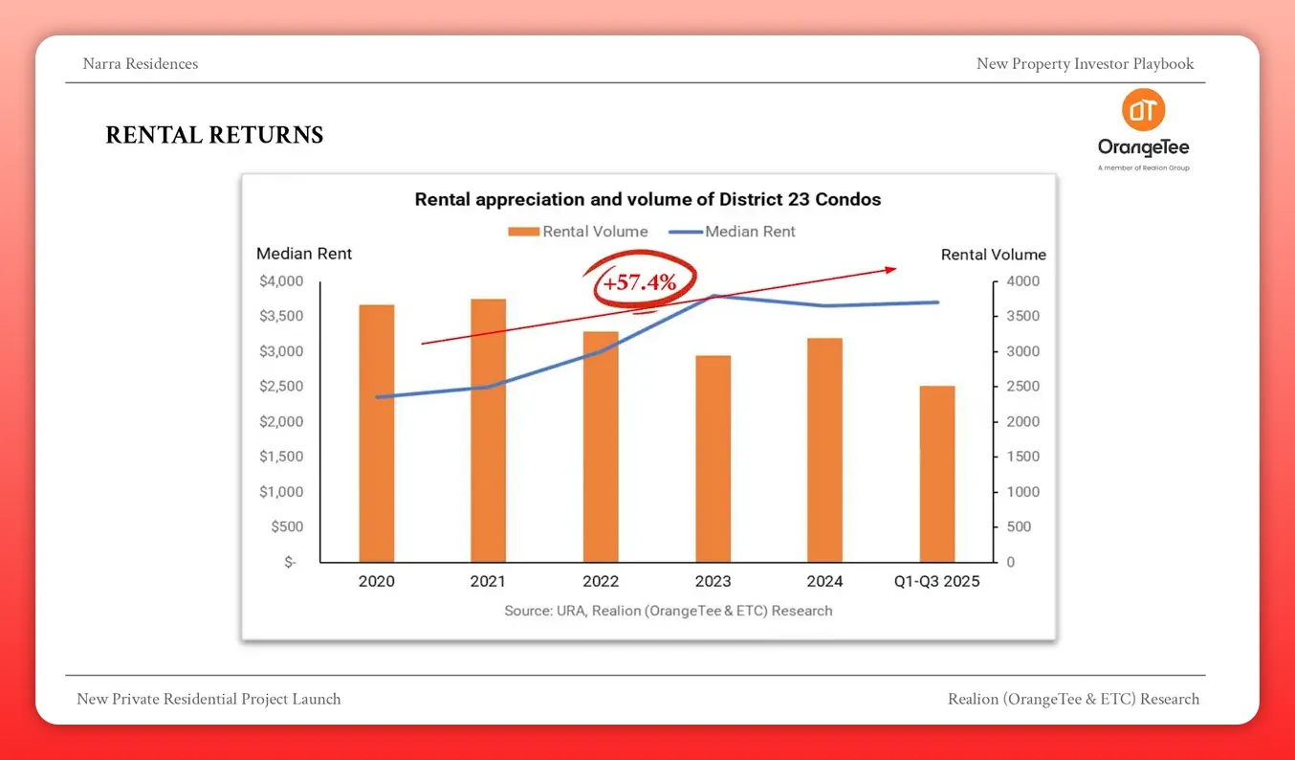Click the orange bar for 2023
tap(713, 458)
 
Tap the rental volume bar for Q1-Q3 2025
tap(937, 474)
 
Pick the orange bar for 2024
tap(824, 450)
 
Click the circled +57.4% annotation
tap(639, 282)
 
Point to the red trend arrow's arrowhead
tap(890, 270)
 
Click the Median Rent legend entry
tap(735, 232)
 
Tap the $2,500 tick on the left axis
tap(281, 387)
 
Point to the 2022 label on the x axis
tap(601, 581)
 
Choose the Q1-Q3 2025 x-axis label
tap(935, 581)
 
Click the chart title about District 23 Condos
tap(647, 200)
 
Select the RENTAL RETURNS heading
tap(214, 136)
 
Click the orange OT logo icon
tap(1143, 111)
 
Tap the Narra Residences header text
tap(141, 64)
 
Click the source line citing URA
tap(668, 611)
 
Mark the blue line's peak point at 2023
tap(713, 296)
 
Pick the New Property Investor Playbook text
tap(1085, 64)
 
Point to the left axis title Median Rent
tap(304, 254)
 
